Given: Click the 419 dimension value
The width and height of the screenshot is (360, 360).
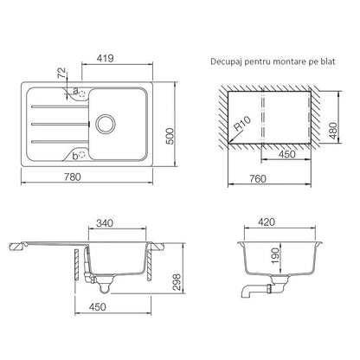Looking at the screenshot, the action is click(105, 58).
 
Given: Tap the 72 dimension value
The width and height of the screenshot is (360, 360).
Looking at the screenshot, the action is click(61, 73).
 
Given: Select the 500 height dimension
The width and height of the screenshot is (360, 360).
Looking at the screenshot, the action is click(170, 136).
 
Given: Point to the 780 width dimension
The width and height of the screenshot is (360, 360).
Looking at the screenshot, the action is click(73, 177).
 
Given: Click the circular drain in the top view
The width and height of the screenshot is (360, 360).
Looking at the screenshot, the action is click(106, 124).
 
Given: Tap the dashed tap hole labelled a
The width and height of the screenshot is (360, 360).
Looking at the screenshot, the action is click(82, 93).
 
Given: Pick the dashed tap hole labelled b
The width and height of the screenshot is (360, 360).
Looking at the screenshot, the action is click(82, 155).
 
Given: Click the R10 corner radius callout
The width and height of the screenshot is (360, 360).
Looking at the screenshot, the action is click(241, 124).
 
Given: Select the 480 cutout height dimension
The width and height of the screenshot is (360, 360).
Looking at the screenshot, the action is click(333, 131).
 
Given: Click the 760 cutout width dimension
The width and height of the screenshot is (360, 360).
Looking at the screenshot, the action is click(257, 179).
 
